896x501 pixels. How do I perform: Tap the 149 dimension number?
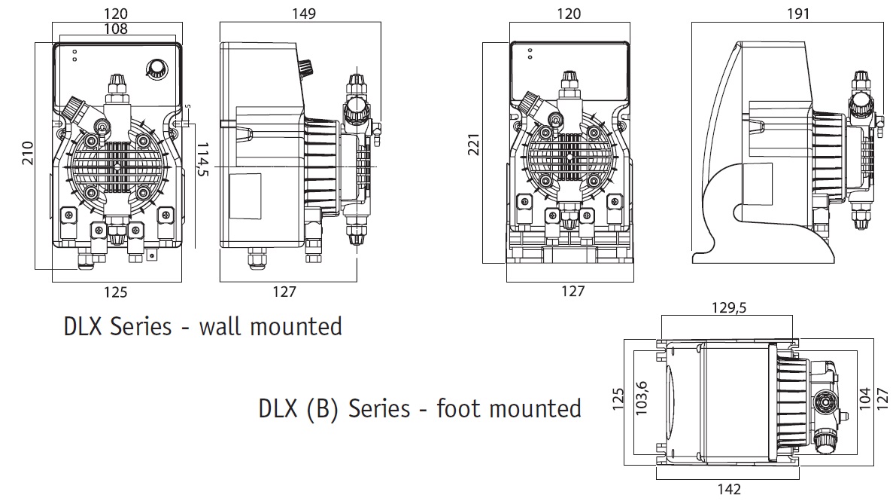pyautogui.click(x=304, y=14)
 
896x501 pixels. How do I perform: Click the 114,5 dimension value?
pyautogui.click(x=202, y=160)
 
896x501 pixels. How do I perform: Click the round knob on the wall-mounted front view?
pyautogui.click(x=156, y=68)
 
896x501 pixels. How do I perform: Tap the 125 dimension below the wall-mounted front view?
pyautogui.click(x=116, y=292)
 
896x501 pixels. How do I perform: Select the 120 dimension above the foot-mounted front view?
pyautogui.click(x=568, y=14)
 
